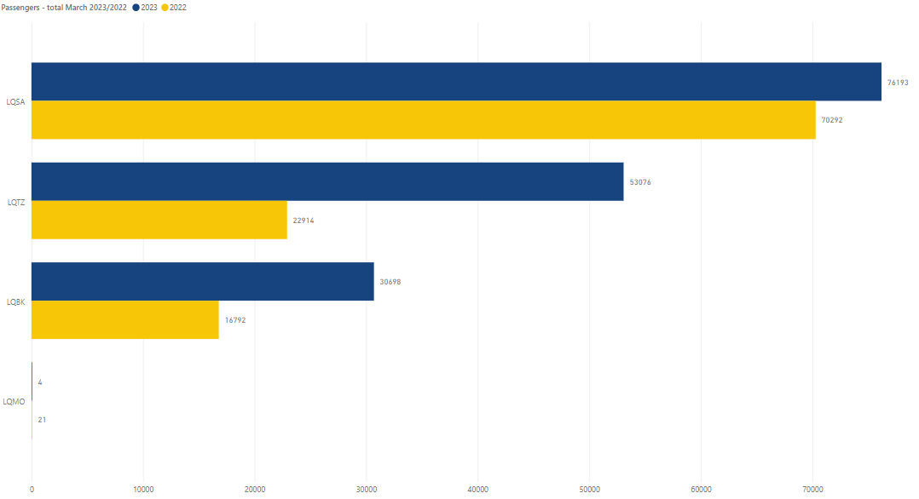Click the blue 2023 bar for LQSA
[456, 82]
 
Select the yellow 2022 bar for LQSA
[423, 120]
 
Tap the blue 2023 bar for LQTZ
[327, 181]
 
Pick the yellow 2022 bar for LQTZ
[159, 220]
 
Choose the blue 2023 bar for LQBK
[203, 282]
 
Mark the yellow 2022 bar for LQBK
[125, 320]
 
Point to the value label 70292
[831, 120]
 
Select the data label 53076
[640, 182]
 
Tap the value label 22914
[303, 221]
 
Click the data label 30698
[390, 282]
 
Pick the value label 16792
[235, 320]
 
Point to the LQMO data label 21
[42, 420]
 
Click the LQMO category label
[15, 401]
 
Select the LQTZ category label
[15, 202]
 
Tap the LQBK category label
[15, 301]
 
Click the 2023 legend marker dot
[136, 8]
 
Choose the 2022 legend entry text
[178, 8]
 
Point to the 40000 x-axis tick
[478, 490]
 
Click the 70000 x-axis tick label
[813, 490]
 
